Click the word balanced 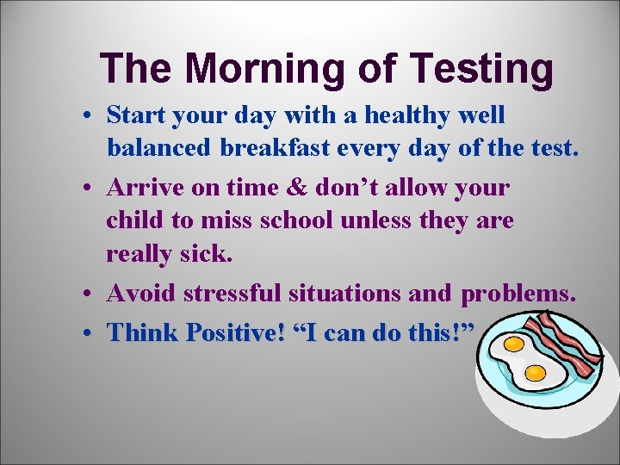pos(159,148)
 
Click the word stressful pos(233,294)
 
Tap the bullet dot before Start pos(90,116)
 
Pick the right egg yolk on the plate pos(536,373)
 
